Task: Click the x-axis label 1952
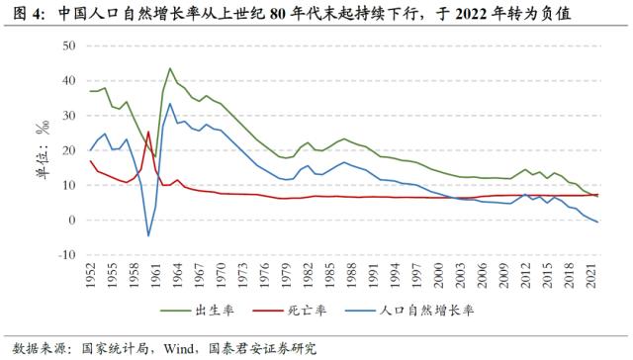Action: [x=91, y=281]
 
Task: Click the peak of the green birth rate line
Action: [x=170, y=69]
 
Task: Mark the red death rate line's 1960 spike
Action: [x=147, y=132]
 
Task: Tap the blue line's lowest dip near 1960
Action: [x=148, y=235]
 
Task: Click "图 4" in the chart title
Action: [x=21, y=13]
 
